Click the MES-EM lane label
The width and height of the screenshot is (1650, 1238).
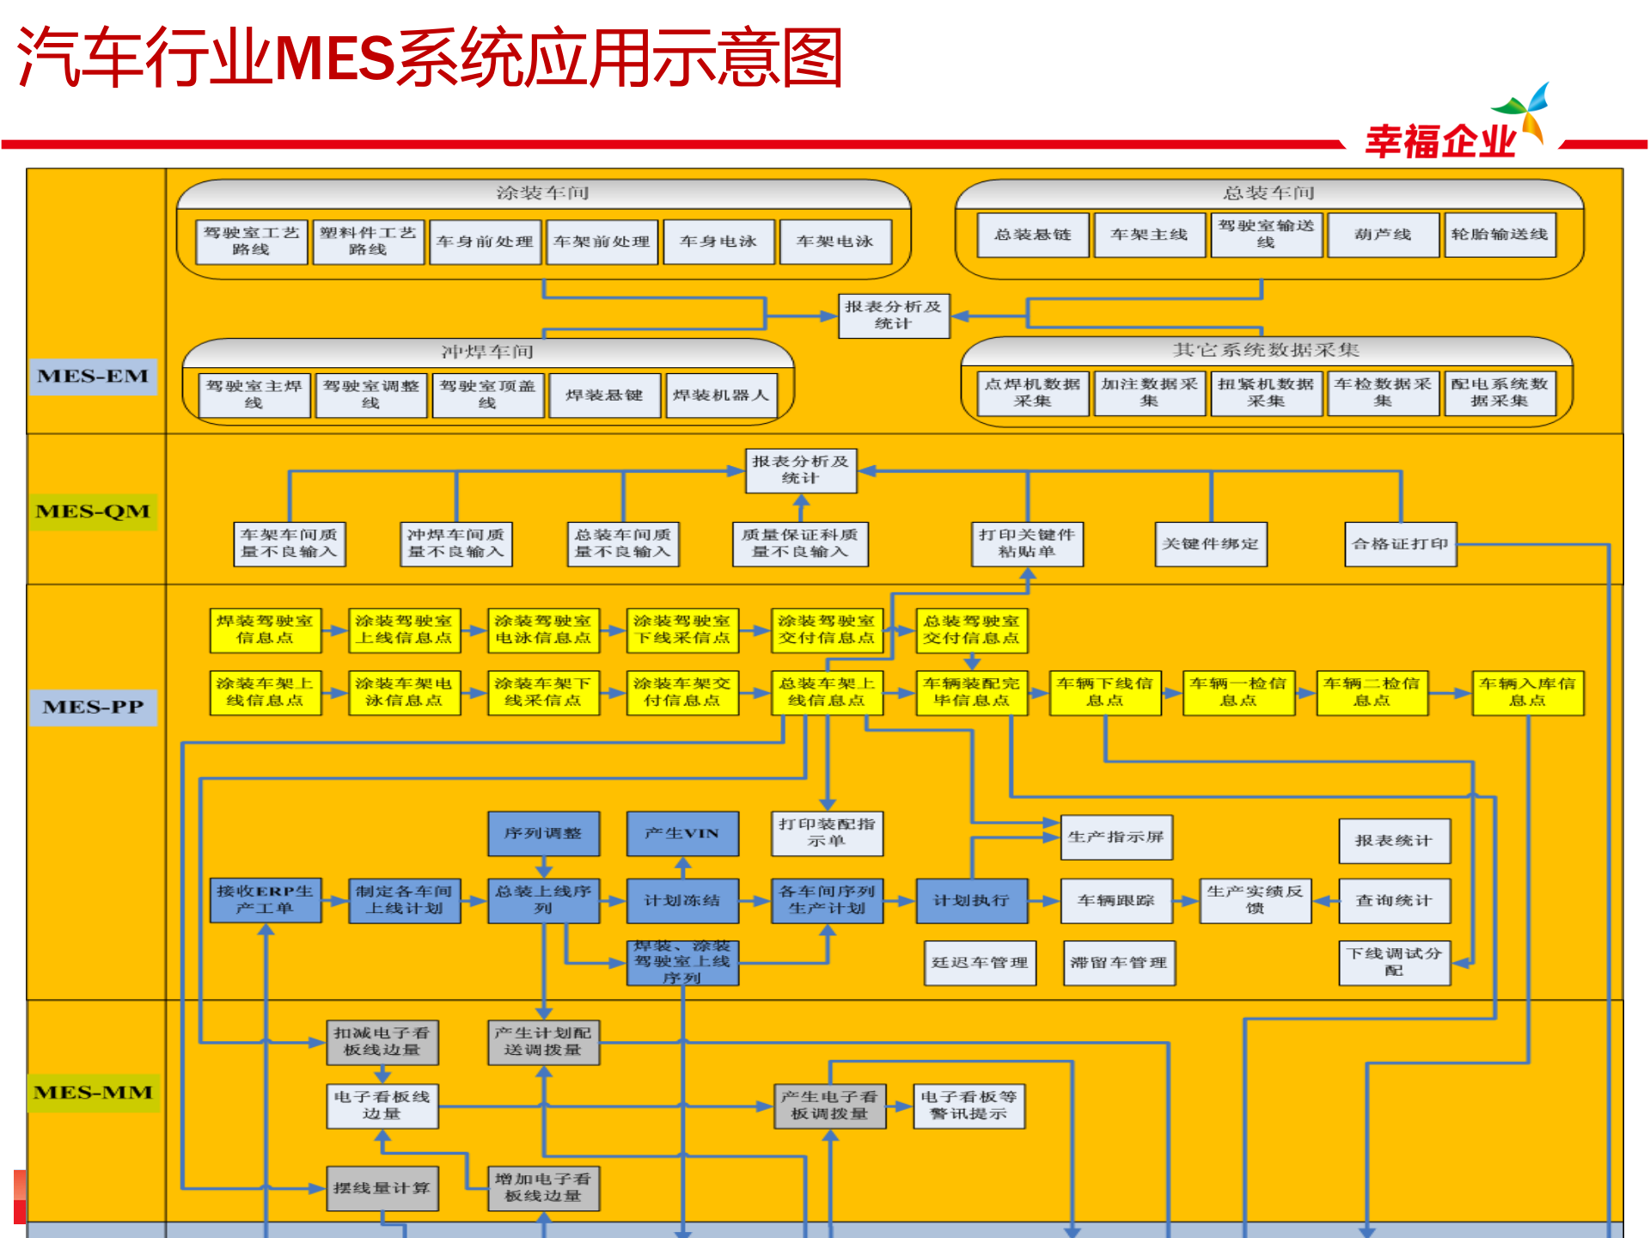93,377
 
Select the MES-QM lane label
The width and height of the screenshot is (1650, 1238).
93,512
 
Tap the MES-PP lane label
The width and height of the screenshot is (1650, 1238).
93,707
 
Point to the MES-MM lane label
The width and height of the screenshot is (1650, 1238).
93,1093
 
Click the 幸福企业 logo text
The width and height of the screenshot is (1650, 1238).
1440,141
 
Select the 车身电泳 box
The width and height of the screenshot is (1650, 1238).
718,242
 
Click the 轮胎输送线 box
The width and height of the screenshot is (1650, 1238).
1499,235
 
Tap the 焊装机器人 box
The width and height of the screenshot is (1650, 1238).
721,395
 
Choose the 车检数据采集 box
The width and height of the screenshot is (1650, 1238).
1382,393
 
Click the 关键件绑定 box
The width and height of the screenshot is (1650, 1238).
1210,544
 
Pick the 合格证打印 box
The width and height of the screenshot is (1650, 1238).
1400,544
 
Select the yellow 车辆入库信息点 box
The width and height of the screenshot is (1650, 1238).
1527,692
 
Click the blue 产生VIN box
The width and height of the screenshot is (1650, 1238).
681,833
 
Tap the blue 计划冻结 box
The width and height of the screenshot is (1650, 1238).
681,900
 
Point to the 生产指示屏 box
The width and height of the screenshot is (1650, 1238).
1115,837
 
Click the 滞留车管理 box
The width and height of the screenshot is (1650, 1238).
1118,963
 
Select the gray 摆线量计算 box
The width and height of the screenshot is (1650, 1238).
382,1188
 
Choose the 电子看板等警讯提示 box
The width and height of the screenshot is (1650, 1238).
969,1106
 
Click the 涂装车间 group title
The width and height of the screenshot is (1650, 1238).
542,193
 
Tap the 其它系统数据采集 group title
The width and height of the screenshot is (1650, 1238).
1266,350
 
